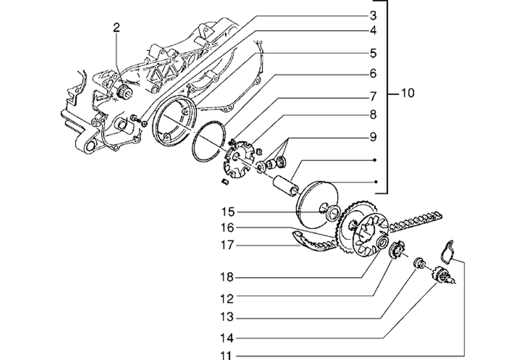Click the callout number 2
click(116, 27)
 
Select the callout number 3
click(373, 14)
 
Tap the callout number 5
click(373, 53)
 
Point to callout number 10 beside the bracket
click(407, 94)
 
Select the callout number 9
click(373, 138)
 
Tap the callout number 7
click(373, 96)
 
